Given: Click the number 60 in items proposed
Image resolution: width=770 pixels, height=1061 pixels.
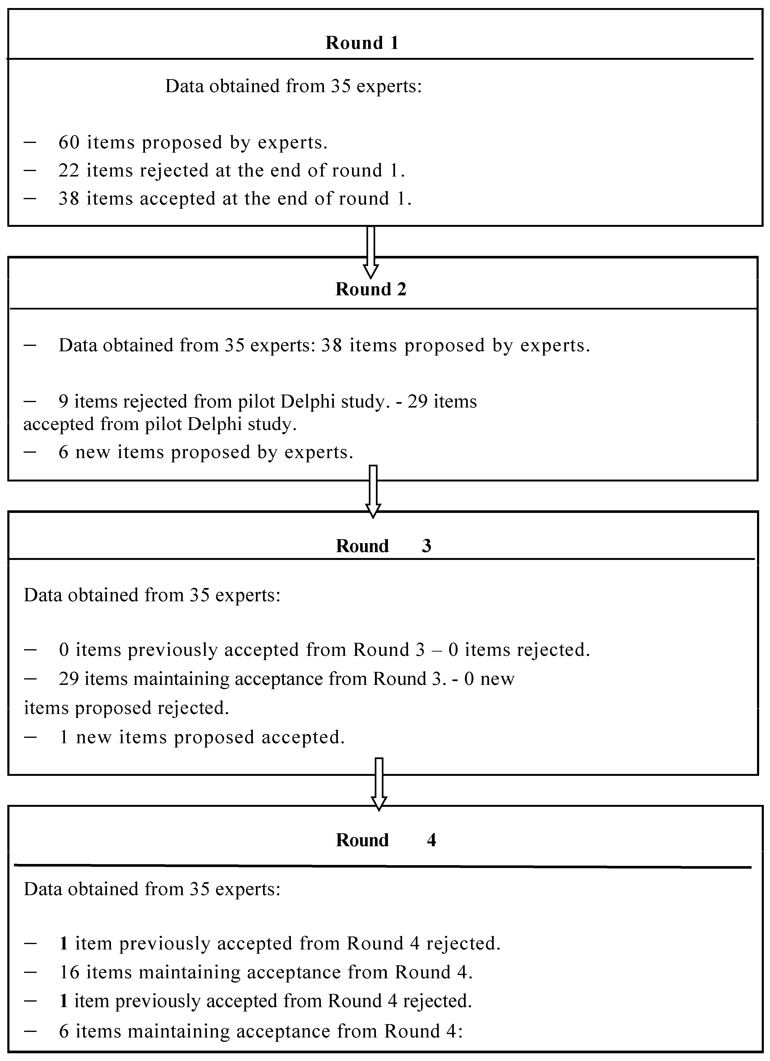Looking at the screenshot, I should [x=69, y=142].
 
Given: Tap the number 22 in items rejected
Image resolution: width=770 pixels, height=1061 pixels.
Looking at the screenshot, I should [x=69, y=170].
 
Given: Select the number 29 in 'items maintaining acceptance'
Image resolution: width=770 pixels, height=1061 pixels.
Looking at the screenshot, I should [x=69, y=679].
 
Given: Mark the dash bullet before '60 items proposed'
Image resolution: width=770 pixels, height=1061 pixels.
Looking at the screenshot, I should [x=30, y=142].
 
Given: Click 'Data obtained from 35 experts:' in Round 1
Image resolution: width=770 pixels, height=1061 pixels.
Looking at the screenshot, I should [x=293, y=86].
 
